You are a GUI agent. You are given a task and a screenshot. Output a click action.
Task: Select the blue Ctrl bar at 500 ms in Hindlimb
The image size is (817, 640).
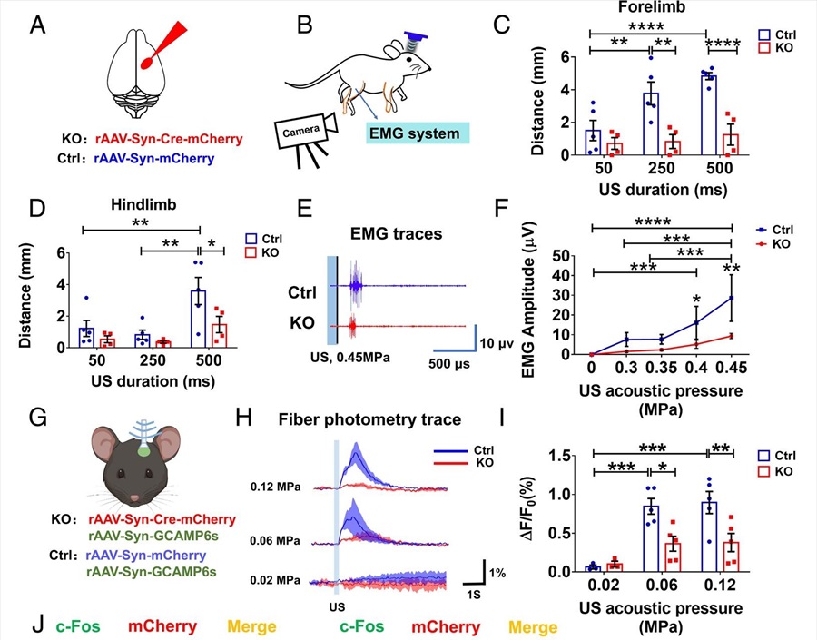pos(198,319)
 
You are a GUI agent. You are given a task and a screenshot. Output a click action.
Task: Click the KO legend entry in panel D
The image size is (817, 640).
pos(268,251)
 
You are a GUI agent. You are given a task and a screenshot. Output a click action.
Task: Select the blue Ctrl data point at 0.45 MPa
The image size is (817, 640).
pos(732,298)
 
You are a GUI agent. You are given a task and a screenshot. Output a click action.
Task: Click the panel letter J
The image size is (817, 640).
pos(36,626)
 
